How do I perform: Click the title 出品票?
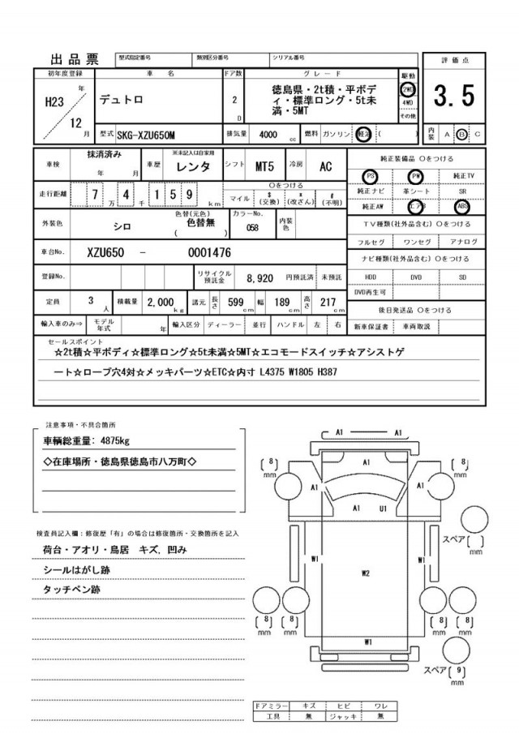coord(74,58)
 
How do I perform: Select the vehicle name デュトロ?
coord(123,100)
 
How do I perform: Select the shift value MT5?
coord(264,166)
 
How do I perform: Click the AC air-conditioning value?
coord(325,166)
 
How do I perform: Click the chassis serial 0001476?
coord(209,252)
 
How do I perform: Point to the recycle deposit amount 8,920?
coord(259,277)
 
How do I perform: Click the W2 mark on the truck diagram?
coord(366,574)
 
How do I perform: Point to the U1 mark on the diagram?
coord(383,509)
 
